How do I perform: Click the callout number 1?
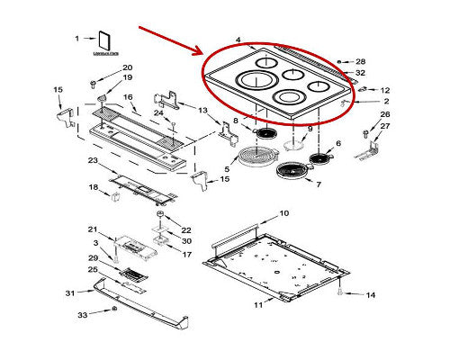[77, 38]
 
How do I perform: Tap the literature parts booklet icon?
[104, 41]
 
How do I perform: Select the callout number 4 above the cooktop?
[238, 40]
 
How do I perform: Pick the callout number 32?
[361, 73]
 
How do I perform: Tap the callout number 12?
[384, 91]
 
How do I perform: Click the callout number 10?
[283, 213]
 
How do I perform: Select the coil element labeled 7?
[287, 171]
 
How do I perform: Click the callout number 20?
[126, 68]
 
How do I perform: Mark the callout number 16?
[128, 97]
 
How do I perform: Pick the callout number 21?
[92, 229]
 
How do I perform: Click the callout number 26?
[384, 114]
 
